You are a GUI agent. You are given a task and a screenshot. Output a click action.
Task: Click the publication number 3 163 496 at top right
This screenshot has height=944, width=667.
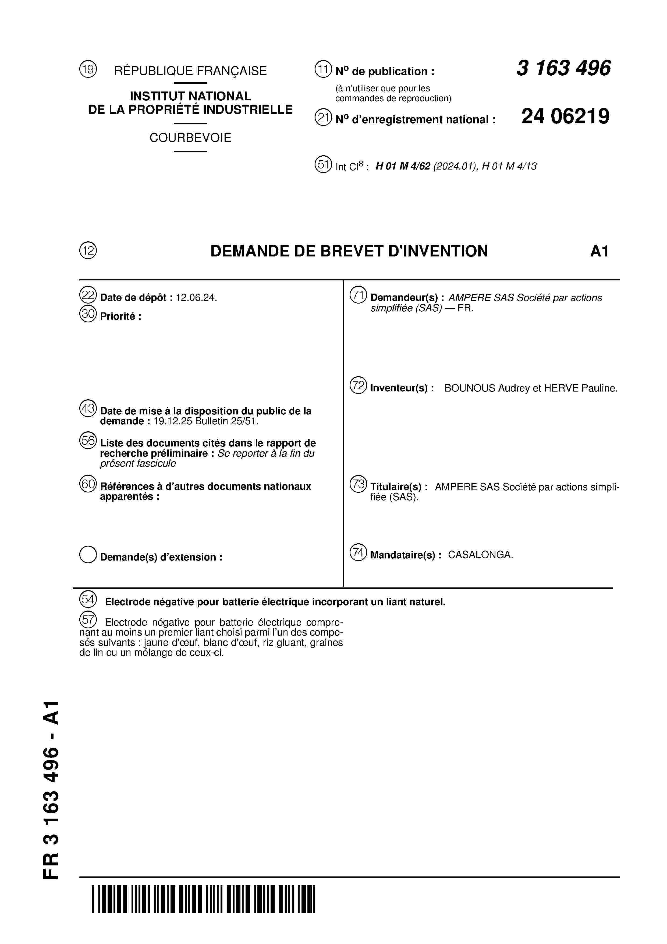(x=563, y=68)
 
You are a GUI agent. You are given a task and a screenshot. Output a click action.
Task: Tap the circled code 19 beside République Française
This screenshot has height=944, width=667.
(x=88, y=69)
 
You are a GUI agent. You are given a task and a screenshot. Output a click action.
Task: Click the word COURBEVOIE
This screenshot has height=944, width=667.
(x=190, y=138)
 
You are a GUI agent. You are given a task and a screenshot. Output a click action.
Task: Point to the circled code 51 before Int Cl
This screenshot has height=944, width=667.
(x=323, y=164)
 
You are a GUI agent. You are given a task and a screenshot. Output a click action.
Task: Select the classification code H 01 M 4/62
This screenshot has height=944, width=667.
(x=403, y=166)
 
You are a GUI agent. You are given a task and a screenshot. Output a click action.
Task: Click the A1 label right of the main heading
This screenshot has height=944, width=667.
(x=599, y=251)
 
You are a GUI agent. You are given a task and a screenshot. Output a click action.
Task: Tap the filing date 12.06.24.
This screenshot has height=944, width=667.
(x=196, y=298)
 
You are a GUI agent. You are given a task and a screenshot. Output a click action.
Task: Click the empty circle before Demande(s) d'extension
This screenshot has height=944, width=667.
(x=88, y=555)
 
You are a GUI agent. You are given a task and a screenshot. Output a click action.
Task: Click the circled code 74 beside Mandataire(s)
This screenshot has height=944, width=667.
(x=358, y=552)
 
